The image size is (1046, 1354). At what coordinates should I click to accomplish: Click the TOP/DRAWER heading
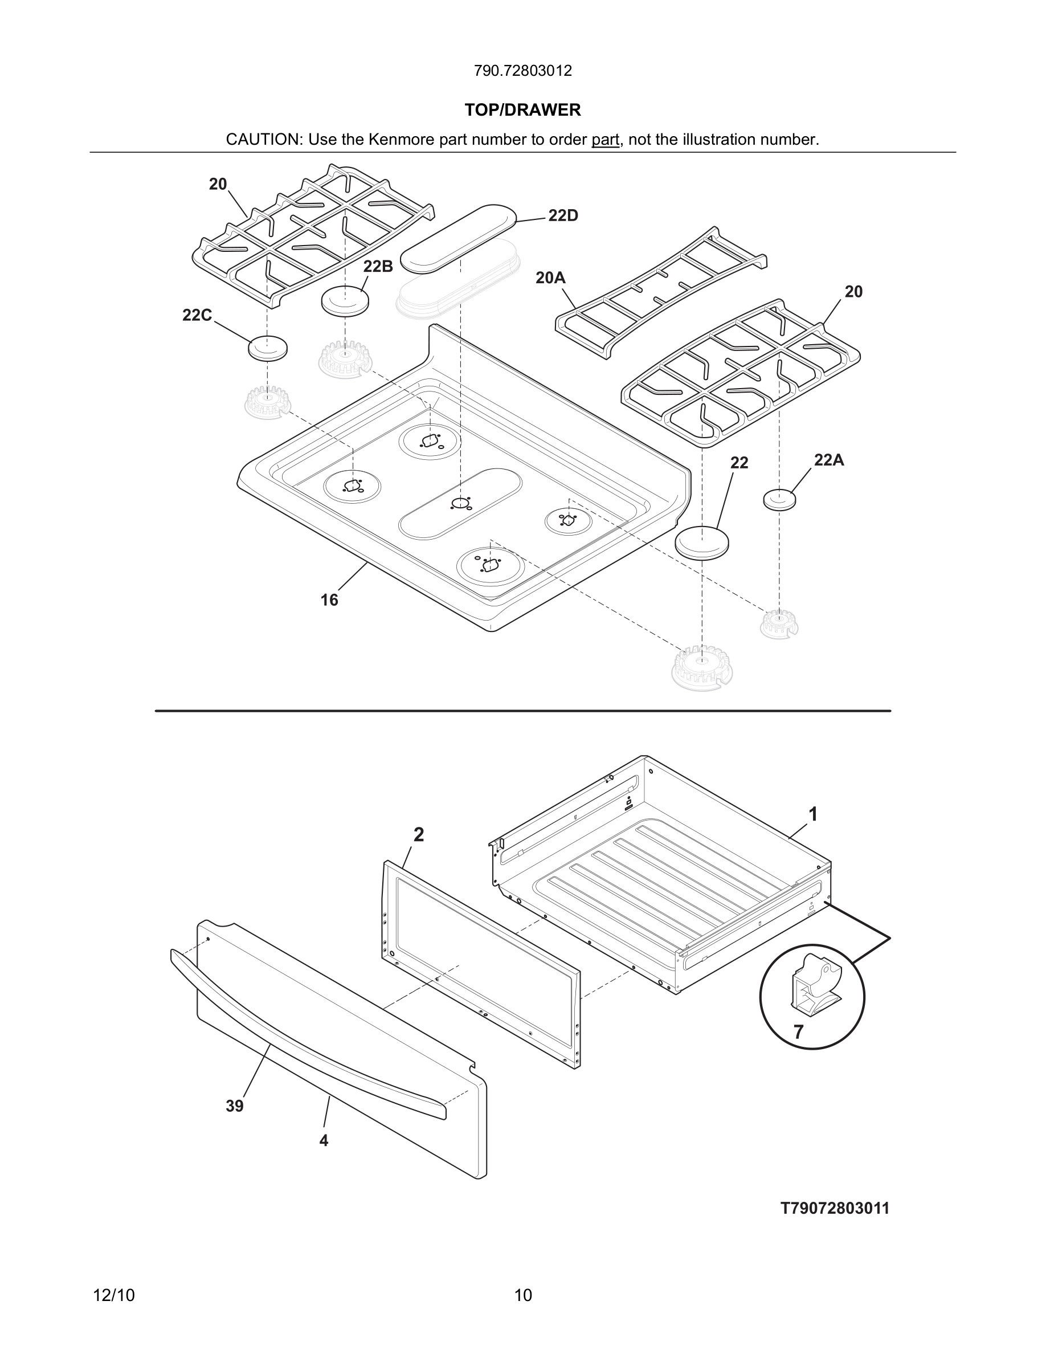[x=522, y=110]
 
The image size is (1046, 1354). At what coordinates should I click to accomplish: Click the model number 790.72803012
[x=522, y=71]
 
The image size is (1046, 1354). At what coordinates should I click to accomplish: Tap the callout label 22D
[x=563, y=216]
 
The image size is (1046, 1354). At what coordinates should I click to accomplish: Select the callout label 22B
[x=378, y=267]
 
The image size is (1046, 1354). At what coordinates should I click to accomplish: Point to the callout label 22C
[x=197, y=316]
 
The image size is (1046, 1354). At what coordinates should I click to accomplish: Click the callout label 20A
[x=550, y=278]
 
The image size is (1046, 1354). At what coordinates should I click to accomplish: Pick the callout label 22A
[x=828, y=460]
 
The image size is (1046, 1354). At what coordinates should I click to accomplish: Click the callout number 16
[x=329, y=600]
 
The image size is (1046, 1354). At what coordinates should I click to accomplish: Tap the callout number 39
[x=235, y=1106]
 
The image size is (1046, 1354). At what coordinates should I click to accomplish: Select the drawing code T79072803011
[x=835, y=1208]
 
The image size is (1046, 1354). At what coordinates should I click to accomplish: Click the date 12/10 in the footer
[x=113, y=1295]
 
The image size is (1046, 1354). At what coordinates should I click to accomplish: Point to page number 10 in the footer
[x=523, y=1295]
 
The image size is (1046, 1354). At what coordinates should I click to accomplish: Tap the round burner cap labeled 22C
[x=268, y=348]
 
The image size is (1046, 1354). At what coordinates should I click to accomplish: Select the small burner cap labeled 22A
[x=779, y=499]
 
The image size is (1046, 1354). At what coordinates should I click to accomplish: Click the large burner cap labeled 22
[x=701, y=543]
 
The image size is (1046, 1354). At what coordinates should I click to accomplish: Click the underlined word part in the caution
[x=605, y=140]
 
